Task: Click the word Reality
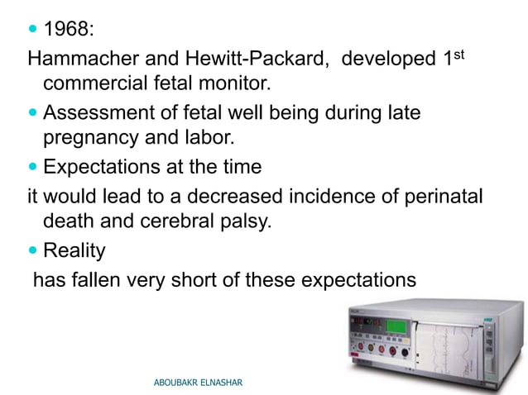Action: click(74, 250)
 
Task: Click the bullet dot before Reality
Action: click(33, 250)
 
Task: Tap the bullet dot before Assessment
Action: click(33, 112)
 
